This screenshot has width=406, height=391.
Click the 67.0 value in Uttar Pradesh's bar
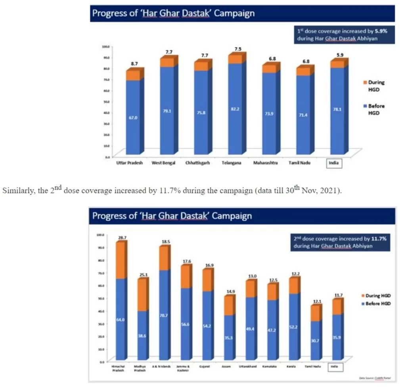point(132,117)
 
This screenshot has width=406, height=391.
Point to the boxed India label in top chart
point(333,163)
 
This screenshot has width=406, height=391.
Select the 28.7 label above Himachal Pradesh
point(122,238)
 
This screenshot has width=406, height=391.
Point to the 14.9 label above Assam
point(230,292)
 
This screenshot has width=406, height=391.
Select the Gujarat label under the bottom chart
point(207,366)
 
